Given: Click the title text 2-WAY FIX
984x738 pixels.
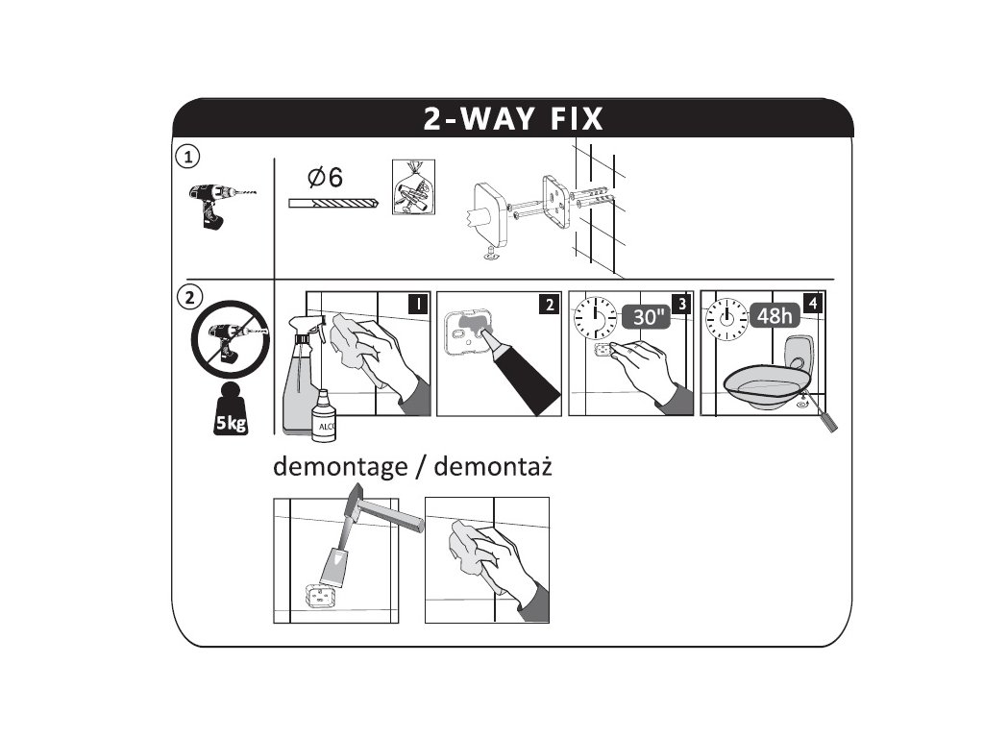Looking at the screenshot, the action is pos(513,118).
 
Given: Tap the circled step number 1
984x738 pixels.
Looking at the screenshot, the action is pos(187,157).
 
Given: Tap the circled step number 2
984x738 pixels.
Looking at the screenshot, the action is pos(189,297).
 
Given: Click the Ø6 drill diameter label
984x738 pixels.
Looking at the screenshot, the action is pos(325,178).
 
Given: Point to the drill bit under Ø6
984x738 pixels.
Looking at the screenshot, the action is pos(333,204).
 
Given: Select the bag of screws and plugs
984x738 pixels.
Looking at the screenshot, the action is pos(413,187).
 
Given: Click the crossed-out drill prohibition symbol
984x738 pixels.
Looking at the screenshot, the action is pos(231,339).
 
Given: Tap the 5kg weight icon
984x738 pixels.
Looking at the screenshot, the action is pos(231,408).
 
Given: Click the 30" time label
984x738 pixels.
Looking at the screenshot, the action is pos(648,316).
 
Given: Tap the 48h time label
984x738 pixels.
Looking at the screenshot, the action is pos(775,315).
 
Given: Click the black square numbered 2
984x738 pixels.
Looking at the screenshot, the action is pos(549,305).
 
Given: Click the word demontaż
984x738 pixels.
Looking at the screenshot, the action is pos(493,467).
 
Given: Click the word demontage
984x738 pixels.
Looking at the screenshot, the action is pos(340,468).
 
